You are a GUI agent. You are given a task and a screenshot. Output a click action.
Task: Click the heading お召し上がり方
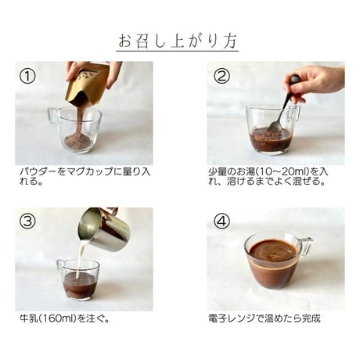coord(178,41)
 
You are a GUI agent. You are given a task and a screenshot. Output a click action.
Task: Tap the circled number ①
coord(27,77)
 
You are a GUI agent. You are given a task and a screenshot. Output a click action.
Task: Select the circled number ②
coord(221,77)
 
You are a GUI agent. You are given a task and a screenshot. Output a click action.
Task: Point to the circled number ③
coord(27,221)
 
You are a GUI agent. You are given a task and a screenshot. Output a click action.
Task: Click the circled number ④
coord(221,221)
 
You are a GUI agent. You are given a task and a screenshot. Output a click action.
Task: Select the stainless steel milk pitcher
coord(104,229)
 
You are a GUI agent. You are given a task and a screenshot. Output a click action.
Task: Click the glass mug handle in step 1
coord(53,116)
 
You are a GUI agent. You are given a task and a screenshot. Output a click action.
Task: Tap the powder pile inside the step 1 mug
coord(77,141)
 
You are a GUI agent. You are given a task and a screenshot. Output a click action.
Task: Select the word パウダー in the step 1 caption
coord(38,172)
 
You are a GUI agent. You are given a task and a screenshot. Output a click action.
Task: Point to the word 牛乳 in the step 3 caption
coord(29,319)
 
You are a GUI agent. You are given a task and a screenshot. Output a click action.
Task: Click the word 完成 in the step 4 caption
coord(311,319)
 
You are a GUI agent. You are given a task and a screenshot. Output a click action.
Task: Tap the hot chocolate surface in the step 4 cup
coord(273,250)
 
